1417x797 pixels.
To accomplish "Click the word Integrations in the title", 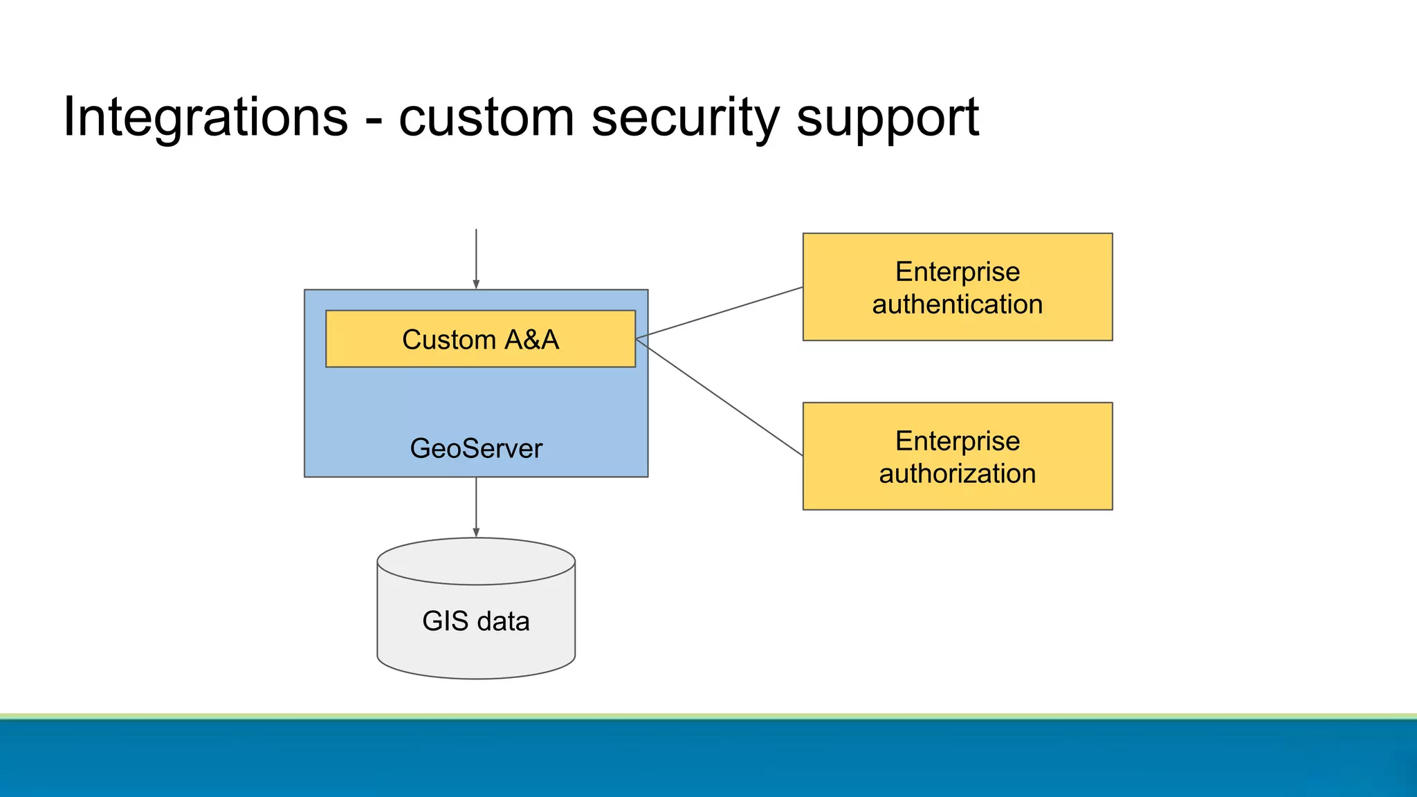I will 205,118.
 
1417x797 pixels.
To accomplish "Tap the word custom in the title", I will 486,118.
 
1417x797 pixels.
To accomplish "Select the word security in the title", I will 685,118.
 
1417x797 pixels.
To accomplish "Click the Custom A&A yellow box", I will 480,340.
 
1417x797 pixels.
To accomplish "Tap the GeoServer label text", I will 476,448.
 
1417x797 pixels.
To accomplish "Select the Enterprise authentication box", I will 958,287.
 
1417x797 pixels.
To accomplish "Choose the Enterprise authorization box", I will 958,457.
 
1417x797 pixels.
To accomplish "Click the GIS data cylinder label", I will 476,621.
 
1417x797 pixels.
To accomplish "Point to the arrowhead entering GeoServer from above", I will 476,284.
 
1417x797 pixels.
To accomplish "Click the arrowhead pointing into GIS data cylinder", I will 476,532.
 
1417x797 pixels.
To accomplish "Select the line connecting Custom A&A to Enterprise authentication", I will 720,313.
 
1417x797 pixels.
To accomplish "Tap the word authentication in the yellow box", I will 958,305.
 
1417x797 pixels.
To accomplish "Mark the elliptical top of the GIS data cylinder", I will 476,561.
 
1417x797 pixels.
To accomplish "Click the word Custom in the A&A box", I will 448,340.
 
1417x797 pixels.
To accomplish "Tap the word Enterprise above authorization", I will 958,441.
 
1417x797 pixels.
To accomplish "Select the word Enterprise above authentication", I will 958,272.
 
